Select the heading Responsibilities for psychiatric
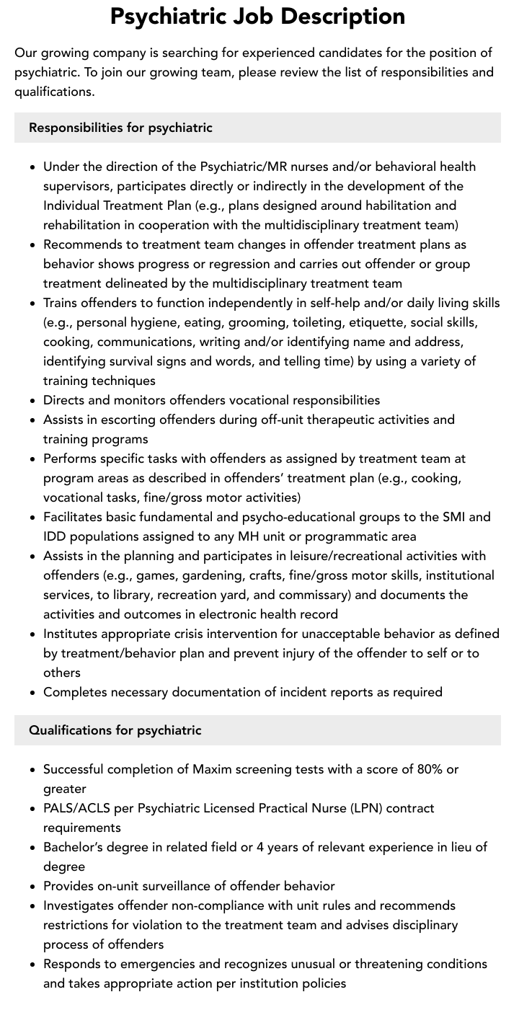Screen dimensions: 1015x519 click(120, 128)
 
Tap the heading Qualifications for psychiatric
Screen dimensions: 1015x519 click(115, 730)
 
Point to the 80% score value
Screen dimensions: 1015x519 click(430, 769)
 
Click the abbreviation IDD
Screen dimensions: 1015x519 click(56, 536)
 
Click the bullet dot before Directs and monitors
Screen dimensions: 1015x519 click(33, 400)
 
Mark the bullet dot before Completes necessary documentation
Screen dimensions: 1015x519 click(33, 692)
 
